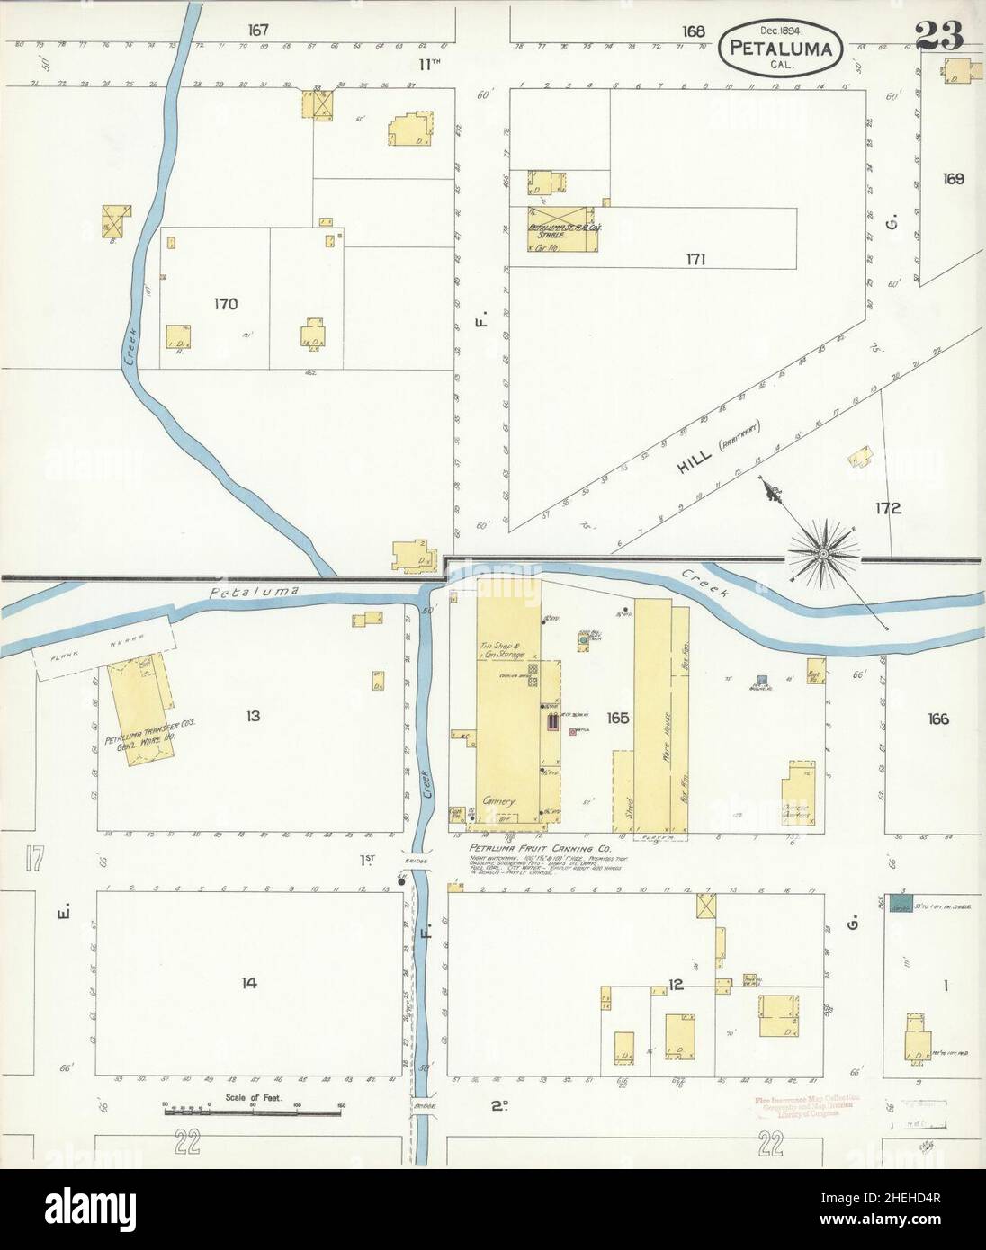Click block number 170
coord(226,304)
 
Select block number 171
coord(695,260)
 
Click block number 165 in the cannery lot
coord(617,719)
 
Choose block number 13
coord(253,716)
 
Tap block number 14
coord(249,983)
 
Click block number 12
coord(677,985)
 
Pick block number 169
coord(953,178)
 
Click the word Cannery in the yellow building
coord(497,799)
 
